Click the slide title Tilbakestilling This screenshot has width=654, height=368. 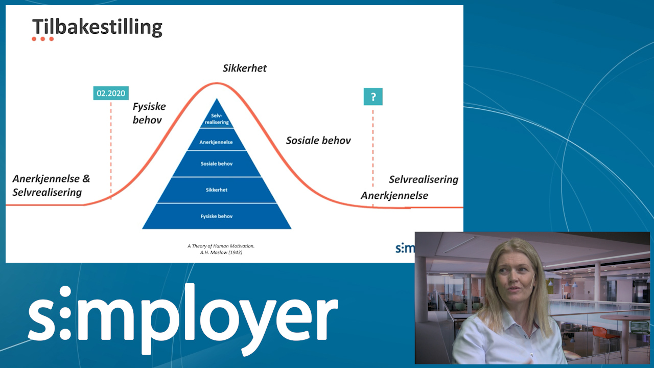97,28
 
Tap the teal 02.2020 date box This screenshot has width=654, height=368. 111,93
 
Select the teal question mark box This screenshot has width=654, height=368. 373,97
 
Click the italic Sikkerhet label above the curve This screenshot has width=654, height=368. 244,68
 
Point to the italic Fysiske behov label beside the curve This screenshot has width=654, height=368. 149,113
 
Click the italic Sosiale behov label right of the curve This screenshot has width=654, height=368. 318,141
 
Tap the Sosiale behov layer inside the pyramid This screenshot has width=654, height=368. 217,164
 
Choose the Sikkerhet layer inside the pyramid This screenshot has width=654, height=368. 217,190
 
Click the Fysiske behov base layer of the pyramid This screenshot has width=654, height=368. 217,216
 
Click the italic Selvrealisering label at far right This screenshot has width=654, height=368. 424,179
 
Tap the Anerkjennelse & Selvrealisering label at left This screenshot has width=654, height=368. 51,186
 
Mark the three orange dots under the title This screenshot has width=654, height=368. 42,39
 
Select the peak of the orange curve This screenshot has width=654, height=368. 217,83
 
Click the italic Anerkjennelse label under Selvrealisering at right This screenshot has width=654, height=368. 394,195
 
